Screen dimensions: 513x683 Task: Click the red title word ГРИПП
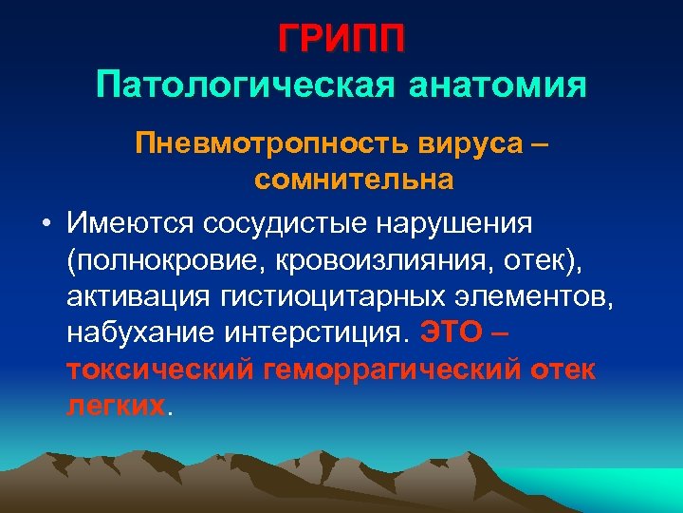(341, 39)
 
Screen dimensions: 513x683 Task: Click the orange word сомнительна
(341, 179)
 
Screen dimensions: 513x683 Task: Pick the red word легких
(116, 406)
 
